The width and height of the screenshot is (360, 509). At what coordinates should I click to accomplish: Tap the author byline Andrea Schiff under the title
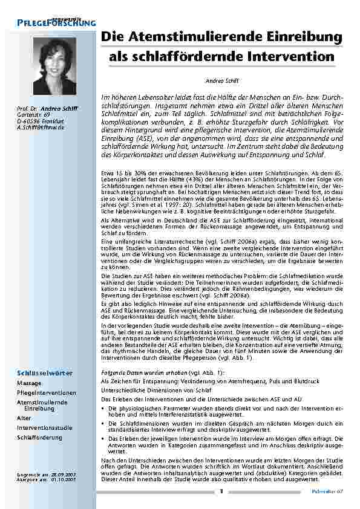pos(218,80)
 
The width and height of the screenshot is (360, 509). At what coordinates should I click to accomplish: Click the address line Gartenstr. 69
pos(33,114)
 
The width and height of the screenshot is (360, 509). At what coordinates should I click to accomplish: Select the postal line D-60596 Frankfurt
pos(41,120)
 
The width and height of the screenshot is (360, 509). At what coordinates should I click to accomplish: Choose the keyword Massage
pos(29,383)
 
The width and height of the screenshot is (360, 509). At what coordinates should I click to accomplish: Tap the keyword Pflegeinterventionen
pos(47,392)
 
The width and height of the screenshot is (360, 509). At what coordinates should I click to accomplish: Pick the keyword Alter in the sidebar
pos(24,418)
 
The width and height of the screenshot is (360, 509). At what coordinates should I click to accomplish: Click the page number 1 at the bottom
pos(221,491)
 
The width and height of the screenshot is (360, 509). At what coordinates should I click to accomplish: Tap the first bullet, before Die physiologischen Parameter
pos(102,409)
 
